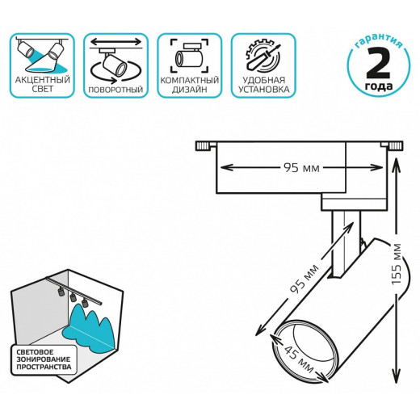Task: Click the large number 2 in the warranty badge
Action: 378,63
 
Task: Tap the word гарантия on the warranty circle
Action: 378,40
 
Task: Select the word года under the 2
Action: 379,86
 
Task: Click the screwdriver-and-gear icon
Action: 263,56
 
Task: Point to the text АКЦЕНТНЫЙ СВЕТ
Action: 42,84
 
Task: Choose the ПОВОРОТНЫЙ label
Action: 115,90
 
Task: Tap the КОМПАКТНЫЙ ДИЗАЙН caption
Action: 190,85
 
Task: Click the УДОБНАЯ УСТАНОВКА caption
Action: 263,85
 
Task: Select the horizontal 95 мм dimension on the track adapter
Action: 301,168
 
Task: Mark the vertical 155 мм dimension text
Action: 397,264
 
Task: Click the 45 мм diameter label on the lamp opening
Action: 299,359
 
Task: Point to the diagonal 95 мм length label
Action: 304,279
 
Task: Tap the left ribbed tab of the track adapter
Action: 203,146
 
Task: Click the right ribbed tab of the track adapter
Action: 395,146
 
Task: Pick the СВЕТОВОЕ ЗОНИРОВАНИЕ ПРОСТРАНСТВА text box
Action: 44,359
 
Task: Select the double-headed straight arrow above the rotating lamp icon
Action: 115,42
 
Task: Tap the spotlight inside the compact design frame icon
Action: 190,56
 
